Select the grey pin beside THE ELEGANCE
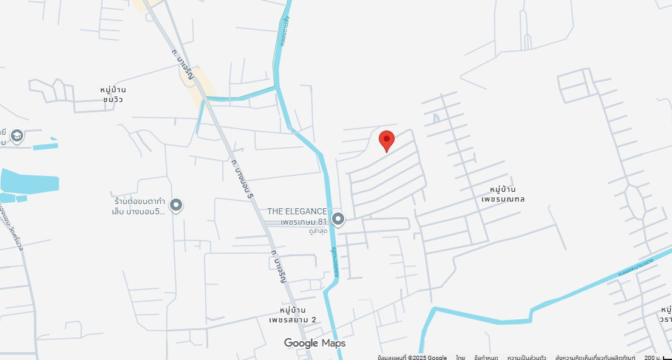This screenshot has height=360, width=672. (x=338, y=219)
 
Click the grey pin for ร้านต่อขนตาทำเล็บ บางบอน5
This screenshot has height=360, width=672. (x=176, y=205)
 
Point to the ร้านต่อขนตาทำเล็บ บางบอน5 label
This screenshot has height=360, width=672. (x=140, y=206)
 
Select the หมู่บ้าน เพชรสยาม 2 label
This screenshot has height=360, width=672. (x=293, y=315)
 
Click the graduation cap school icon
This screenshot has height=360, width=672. (x=17, y=135)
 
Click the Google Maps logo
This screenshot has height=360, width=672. (x=314, y=344)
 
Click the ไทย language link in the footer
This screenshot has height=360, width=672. (x=461, y=358)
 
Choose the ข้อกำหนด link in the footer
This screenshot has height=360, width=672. (x=486, y=358)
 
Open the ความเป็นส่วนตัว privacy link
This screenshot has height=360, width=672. (x=526, y=358)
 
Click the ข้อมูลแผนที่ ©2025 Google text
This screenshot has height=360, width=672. (x=412, y=358)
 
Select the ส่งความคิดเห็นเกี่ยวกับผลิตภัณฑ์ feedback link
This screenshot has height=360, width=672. (x=595, y=358)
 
